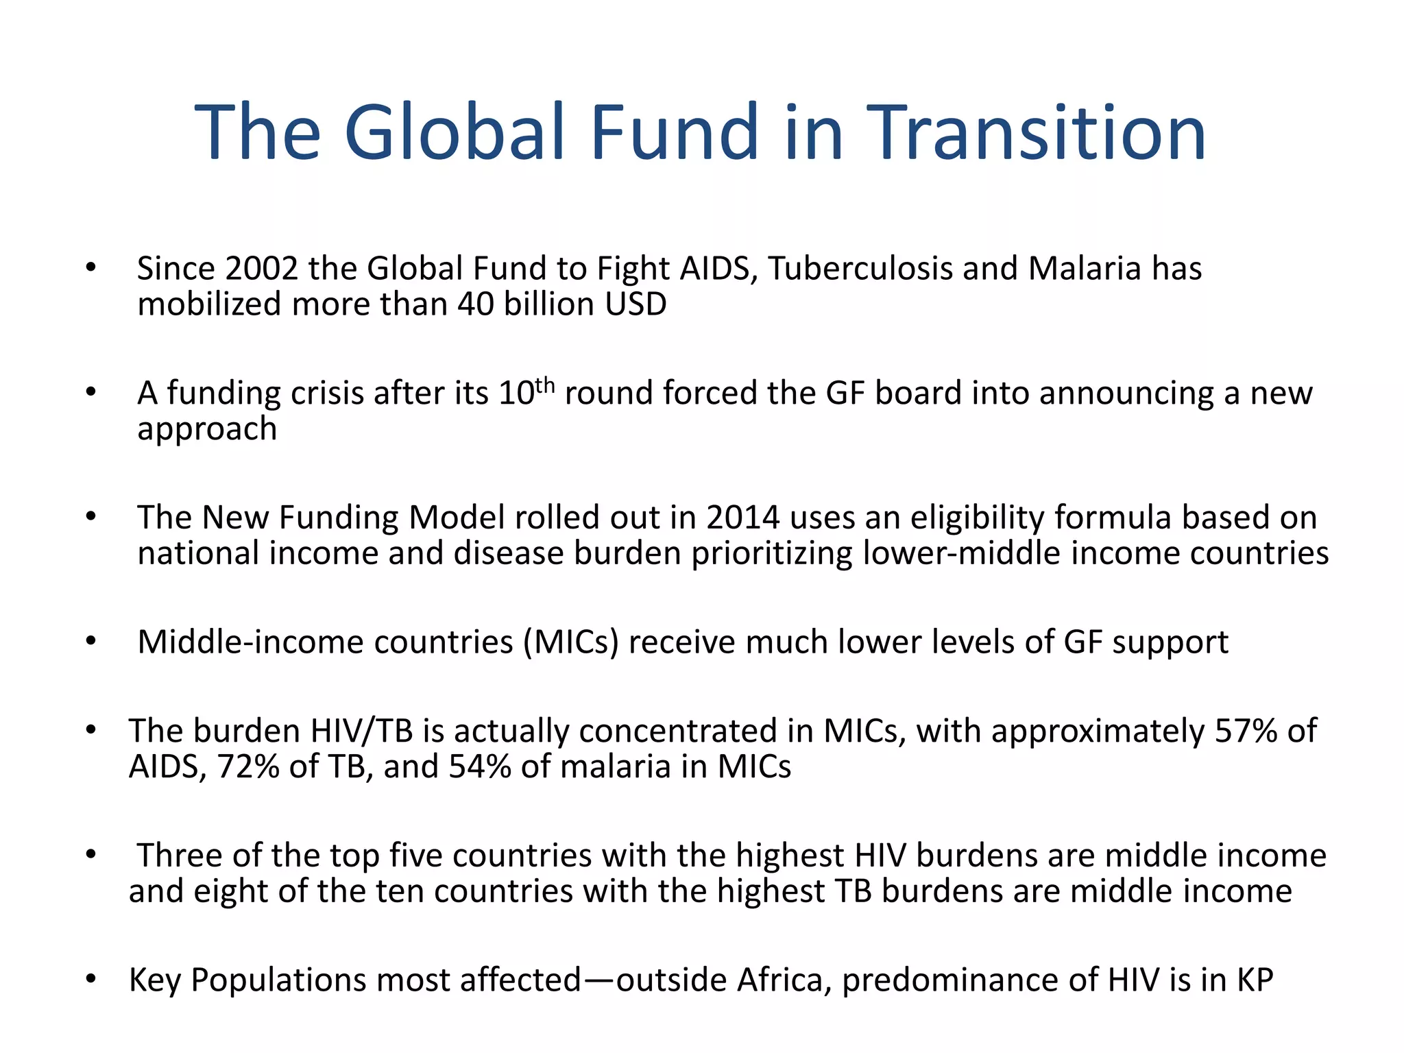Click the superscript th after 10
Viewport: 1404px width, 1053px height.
pyautogui.click(x=544, y=385)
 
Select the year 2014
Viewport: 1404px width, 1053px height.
pyautogui.click(x=743, y=518)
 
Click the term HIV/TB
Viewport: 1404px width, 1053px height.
pyautogui.click(x=361, y=731)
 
